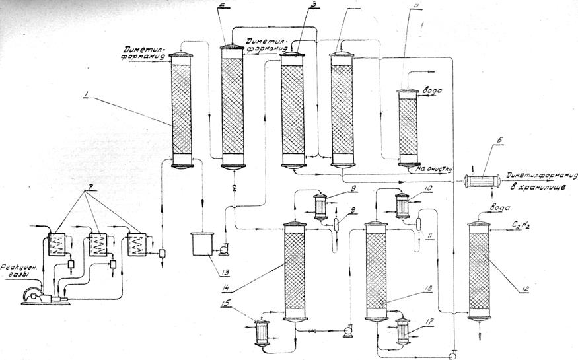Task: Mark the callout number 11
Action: tap(432, 235)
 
